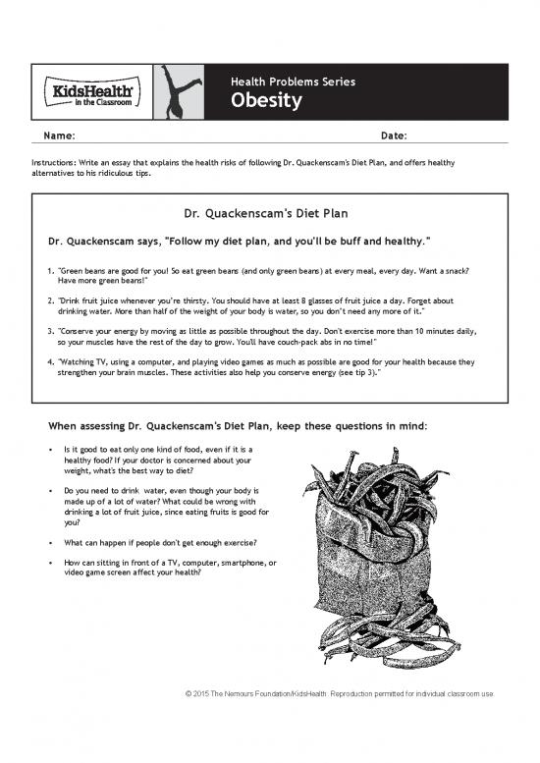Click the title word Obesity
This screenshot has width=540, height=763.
click(x=266, y=102)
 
